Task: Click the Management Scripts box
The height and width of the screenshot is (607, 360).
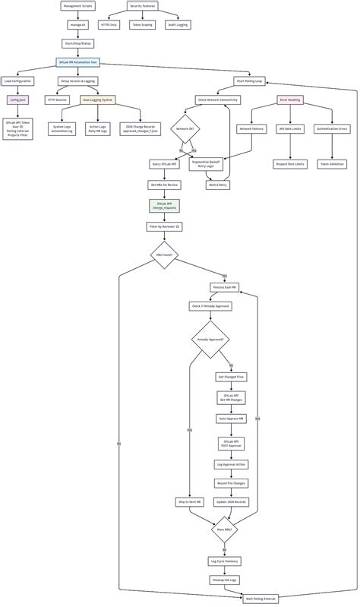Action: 77,5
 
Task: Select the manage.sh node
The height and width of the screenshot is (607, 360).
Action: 77,24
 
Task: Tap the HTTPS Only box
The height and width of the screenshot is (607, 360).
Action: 109,24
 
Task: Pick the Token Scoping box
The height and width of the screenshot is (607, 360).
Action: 143,24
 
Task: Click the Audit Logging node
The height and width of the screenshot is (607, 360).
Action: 178,24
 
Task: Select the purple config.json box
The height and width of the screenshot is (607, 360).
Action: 17,100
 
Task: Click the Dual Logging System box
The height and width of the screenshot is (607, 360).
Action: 97,100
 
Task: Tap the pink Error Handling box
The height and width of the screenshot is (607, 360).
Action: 290,100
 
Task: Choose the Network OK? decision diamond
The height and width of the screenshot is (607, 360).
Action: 185,129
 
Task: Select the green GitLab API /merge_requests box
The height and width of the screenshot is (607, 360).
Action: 164,206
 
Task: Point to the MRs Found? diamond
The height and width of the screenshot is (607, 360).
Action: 164,255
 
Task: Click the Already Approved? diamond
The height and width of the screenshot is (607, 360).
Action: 209,340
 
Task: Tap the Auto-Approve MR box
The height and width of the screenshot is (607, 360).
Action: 231,419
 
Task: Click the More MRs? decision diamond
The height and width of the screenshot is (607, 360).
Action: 224,530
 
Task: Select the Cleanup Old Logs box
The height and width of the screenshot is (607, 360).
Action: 224,580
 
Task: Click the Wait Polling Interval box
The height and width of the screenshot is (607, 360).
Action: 261,599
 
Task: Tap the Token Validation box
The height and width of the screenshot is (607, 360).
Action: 332,163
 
